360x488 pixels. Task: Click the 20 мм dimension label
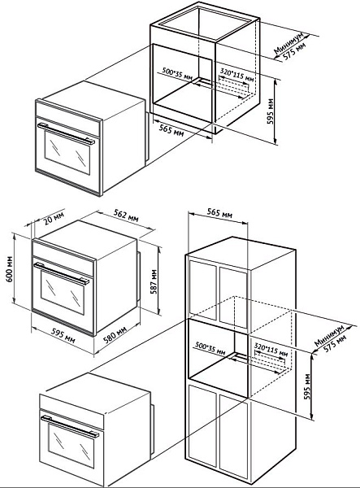tap(54, 219)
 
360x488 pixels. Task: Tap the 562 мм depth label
tap(126, 215)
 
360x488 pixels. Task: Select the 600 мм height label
tap(10, 269)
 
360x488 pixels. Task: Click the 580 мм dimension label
tap(115, 334)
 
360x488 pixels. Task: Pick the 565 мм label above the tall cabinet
tap(219, 213)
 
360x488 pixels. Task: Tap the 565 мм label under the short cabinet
tap(171, 130)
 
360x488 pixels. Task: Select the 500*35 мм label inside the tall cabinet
tap(210, 349)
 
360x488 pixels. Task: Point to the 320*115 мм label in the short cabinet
tap(237, 75)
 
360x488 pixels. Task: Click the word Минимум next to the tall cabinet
tap(329, 336)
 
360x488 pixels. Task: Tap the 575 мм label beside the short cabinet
tap(294, 51)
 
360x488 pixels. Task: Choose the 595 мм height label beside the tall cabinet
tap(307, 386)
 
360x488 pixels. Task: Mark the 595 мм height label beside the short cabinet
tap(271, 111)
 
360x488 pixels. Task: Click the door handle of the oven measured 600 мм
tap(62, 273)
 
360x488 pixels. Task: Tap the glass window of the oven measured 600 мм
tap(63, 292)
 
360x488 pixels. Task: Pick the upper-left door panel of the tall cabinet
tap(202, 290)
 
